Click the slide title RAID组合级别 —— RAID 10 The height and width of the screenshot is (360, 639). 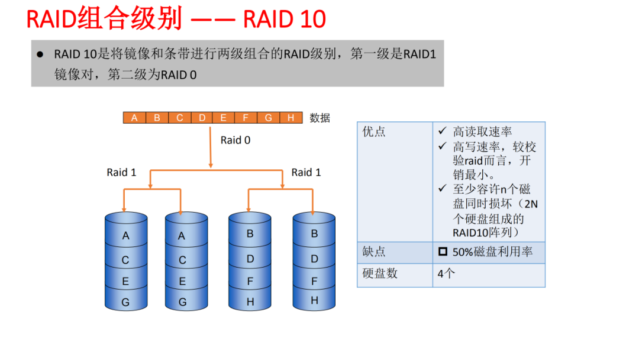(x=176, y=19)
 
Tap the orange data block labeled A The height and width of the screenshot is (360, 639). (x=134, y=118)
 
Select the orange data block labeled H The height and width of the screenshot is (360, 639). (x=291, y=118)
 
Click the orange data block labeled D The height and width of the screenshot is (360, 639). (x=202, y=118)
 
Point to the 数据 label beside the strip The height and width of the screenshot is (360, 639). (x=319, y=118)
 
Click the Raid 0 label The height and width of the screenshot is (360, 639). (x=235, y=140)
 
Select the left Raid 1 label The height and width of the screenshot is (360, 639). (x=121, y=172)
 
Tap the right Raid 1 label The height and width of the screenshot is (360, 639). (x=306, y=172)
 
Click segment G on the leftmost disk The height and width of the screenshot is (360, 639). (x=125, y=302)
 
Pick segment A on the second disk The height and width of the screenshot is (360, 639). (x=182, y=236)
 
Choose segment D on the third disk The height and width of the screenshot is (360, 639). (x=250, y=259)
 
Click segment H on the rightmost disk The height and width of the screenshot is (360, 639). (x=314, y=300)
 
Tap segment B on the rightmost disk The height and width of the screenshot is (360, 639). (x=314, y=234)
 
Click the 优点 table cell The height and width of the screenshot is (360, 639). (x=374, y=131)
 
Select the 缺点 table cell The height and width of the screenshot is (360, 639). (x=374, y=252)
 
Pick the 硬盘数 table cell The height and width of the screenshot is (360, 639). (x=380, y=274)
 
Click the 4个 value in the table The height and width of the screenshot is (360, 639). (x=446, y=274)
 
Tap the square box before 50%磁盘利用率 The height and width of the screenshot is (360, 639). (x=443, y=252)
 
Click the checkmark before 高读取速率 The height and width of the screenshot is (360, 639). (x=442, y=131)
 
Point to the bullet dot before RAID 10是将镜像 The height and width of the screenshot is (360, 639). (x=40, y=54)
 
